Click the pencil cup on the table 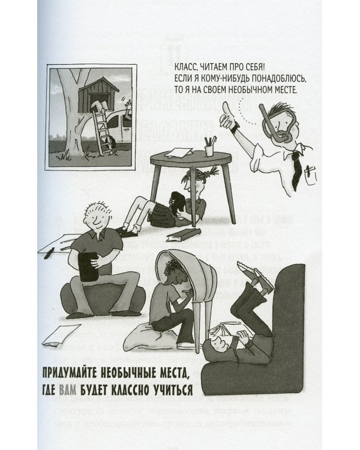pyautogui.click(x=211, y=145)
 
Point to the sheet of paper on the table pyautogui.click(x=178, y=152)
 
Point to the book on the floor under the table pyautogui.click(x=184, y=233)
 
